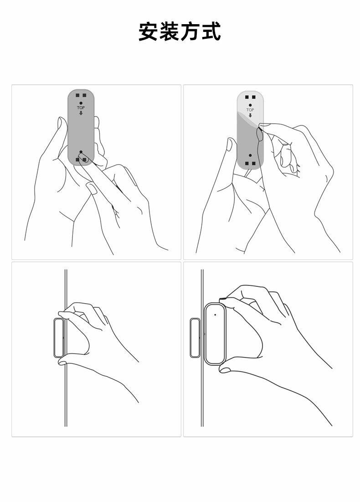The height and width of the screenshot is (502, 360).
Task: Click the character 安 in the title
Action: (x=149, y=31)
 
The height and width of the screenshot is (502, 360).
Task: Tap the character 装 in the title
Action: (x=169, y=31)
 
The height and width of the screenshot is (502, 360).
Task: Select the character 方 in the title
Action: (x=190, y=31)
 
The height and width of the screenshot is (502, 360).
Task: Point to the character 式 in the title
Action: (x=211, y=31)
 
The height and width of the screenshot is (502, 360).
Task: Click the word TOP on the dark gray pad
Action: (x=81, y=108)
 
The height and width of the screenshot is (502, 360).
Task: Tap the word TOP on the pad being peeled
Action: (x=250, y=110)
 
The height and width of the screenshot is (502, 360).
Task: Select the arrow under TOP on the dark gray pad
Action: (x=81, y=113)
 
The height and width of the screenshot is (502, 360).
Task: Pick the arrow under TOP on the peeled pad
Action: (x=250, y=115)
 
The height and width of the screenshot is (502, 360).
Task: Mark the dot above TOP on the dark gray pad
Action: (x=81, y=103)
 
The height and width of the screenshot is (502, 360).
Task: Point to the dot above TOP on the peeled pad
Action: (x=250, y=105)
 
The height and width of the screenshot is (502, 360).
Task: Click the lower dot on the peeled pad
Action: (x=250, y=155)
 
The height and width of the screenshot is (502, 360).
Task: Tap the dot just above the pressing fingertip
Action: (x=81, y=152)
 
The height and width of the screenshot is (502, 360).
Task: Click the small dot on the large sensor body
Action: (x=215, y=315)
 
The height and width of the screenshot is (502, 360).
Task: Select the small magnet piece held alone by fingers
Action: (x=59, y=337)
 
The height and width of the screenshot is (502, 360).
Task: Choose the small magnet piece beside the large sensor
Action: (x=195, y=337)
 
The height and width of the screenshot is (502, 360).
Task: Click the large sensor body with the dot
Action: (x=215, y=334)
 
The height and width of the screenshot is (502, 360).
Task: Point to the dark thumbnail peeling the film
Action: (x=260, y=134)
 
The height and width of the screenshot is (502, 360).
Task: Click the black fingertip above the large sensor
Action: (x=223, y=299)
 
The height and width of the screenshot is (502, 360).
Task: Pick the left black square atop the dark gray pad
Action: (x=77, y=95)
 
